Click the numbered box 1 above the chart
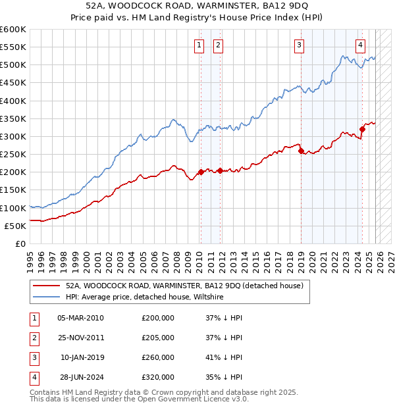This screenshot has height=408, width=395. tap(199, 45)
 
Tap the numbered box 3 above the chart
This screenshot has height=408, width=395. tap(299, 45)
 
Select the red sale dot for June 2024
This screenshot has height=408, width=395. tap(362, 130)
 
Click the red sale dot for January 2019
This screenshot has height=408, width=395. tap(301, 151)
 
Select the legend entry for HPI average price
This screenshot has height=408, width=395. tap(145, 297)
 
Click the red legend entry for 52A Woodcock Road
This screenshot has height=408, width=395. tap(184, 286)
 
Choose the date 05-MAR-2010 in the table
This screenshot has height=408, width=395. tap(80, 318)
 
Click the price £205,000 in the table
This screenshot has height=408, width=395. tap(158, 338)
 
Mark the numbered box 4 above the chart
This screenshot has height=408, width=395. tap(360, 45)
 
